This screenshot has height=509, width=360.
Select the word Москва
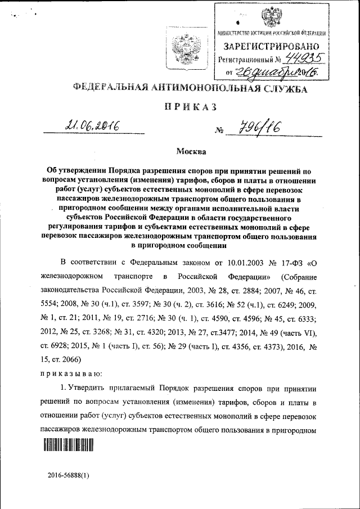click(x=191, y=151)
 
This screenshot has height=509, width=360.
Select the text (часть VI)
click(x=298, y=332)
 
